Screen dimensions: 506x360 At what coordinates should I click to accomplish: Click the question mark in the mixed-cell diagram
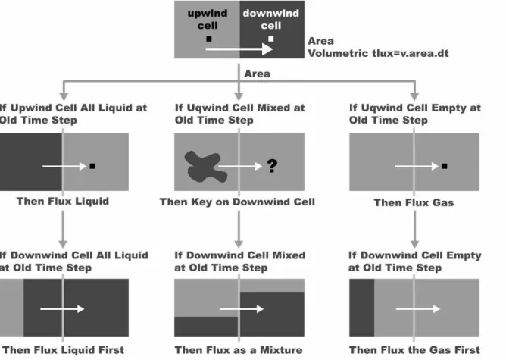click(272, 166)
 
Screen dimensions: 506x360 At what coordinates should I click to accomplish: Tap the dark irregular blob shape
click(205, 167)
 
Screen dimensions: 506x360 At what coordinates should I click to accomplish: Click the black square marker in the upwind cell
click(209, 39)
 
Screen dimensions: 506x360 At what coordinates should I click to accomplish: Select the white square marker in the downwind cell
click(271, 39)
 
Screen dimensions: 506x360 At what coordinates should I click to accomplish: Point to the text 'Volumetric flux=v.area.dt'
click(378, 53)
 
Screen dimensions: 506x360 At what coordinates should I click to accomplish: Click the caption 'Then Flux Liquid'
click(63, 201)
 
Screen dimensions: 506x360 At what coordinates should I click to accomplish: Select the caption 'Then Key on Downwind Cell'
click(237, 202)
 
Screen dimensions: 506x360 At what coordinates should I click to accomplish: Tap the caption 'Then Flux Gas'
click(414, 202)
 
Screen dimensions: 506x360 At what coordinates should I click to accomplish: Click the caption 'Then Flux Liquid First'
click(64, 350)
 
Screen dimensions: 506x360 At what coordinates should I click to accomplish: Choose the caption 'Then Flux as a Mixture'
click(239, 350)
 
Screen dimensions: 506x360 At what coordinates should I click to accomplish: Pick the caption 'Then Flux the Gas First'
click(414, 350)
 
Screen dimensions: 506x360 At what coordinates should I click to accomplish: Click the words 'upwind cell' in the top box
click(208, 19)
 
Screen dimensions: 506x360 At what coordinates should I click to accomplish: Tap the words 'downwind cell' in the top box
click(271, 19)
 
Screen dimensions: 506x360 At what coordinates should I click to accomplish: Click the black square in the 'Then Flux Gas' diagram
click(445, 166)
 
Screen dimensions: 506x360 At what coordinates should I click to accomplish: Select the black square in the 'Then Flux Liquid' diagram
click(92, 166)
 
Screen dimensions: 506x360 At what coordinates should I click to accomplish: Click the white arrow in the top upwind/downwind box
click(239, 49)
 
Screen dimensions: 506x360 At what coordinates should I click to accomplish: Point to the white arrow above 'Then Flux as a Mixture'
click(242, 309)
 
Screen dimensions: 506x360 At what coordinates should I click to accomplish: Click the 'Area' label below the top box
click(258, 74)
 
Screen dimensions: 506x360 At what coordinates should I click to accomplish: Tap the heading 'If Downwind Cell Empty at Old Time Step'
click(415, 261)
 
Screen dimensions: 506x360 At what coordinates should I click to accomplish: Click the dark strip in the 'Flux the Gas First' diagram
click(362, 308)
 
